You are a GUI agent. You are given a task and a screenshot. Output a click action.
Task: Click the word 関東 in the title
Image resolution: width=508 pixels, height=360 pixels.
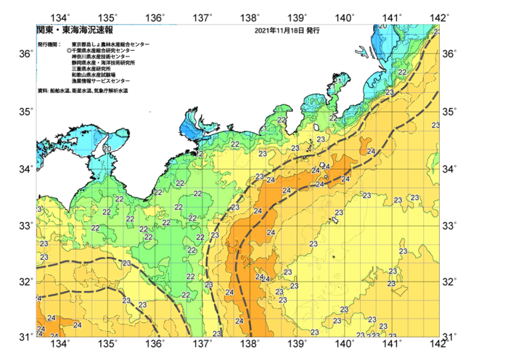[x=44, y=30]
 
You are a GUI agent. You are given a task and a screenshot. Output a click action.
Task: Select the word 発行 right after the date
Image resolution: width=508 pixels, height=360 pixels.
[x=313, y=31]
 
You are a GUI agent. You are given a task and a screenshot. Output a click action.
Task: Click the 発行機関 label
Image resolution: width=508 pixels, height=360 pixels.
[x=49, y=45]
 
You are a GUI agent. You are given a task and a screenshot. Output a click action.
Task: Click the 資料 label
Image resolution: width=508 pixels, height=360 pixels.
[x=42, y=91]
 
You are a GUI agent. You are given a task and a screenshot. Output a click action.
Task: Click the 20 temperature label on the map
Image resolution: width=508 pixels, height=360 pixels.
[x=107, y=149]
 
